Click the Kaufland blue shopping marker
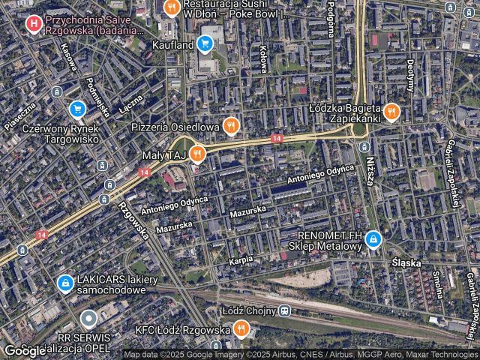tap(205, 44)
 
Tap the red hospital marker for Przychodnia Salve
tap(34, 24)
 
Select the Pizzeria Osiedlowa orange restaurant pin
tap(231, 125)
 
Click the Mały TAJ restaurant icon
tap(197, 155)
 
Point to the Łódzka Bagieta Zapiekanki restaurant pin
tap(391, 112)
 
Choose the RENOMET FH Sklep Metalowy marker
tap(373, 240)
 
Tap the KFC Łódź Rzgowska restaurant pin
tap(241, 328)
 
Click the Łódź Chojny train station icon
tap(284, 310)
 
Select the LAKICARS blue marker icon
tap(66, 283)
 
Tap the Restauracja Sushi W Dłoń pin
tap(172, 8)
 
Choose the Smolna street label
tap(436, 283)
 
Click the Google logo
tap(25, 350)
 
